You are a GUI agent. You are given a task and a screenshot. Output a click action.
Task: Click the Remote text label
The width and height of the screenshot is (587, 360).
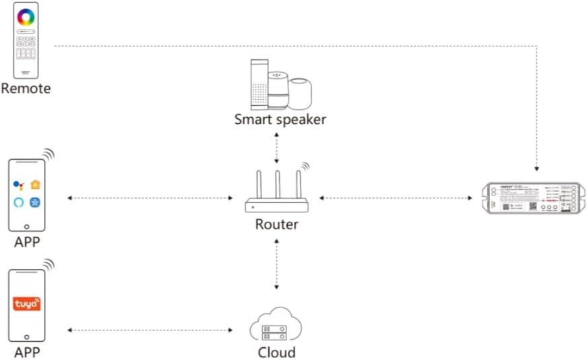coord(26,88)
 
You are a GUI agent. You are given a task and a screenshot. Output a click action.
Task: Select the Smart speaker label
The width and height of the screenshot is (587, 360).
coord(280,119)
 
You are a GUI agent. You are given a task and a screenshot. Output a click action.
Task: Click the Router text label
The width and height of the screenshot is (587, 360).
coord(276,224)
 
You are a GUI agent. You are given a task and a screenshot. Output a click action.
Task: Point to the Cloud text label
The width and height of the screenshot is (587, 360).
coord(276,352)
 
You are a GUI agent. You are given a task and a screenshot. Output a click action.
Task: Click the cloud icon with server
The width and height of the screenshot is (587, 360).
coord(276,326)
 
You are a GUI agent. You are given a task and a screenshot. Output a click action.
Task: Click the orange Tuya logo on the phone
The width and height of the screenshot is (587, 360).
coord(27,304)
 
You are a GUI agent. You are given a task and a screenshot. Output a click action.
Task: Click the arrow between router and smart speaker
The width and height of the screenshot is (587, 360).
coord(276,148)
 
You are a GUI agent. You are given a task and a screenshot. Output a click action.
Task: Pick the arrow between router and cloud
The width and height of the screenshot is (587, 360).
coord(276,264)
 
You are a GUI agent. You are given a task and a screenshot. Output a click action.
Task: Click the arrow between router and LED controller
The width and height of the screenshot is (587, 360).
coord(396,198)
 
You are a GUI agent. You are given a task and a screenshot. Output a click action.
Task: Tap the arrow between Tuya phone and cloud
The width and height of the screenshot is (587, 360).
coord(150,330)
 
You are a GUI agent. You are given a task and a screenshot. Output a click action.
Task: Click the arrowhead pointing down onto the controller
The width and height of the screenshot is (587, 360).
coord(536,168)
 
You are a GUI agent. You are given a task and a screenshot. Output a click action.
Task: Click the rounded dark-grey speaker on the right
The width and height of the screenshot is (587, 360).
coord(301,93)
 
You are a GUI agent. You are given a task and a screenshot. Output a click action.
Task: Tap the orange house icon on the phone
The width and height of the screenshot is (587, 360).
coord(34,183)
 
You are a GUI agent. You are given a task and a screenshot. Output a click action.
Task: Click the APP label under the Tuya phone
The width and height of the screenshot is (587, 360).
coord(27,353)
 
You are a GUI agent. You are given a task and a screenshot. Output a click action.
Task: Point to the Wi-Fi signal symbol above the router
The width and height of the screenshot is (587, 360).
coord(304,167)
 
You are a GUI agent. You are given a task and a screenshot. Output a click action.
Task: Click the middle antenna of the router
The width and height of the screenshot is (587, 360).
coord(276,184)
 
